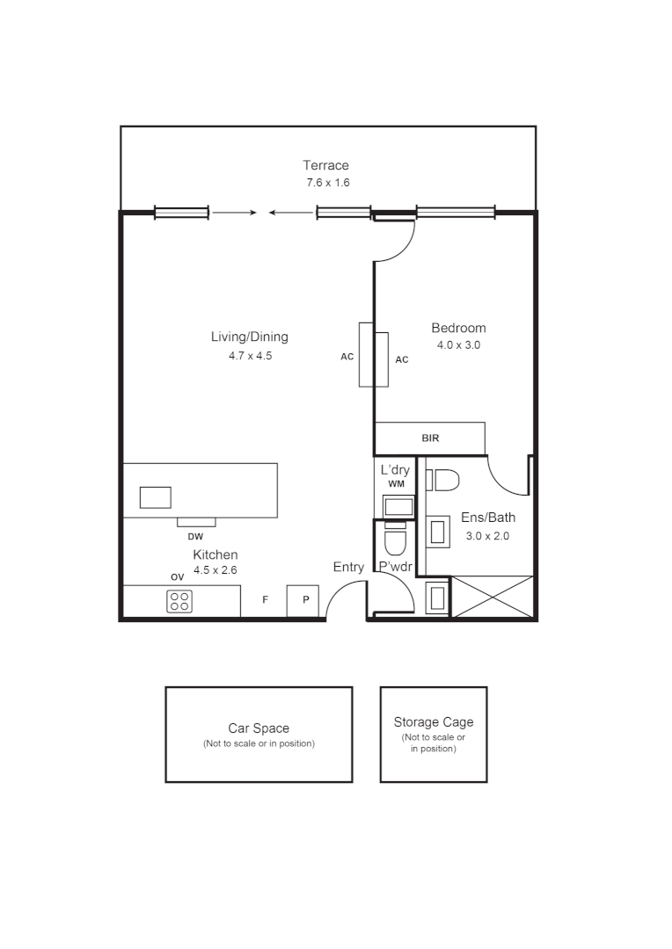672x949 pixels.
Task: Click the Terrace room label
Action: click(x=325, y=165)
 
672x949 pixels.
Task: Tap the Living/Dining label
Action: click(x=249, y=337)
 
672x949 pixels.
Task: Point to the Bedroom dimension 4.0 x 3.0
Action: click(x=458, y=345)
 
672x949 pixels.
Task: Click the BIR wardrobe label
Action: click(x=430, y=438)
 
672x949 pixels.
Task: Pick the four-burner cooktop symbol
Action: click(x=179, y=601)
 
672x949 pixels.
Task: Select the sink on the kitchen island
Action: click(x=156, y=497)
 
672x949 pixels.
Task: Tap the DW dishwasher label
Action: click(x=195, y=536)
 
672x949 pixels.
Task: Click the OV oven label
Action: click(x=177, y=577)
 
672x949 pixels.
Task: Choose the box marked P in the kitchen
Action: click(x=305, y=600)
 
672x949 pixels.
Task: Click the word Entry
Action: click(x=348, y=568)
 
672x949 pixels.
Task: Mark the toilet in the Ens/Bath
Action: click(x=443, y=480)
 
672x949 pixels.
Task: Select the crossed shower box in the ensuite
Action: click(x=492, y=597)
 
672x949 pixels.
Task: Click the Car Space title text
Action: click(x=259, y=728)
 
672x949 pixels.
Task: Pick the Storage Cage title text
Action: click(x=433, y=722)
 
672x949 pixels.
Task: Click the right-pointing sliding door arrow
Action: click(x=234, y=213)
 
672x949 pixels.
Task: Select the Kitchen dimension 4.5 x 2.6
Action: click(x=215, y=569)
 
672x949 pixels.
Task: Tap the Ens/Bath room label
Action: click(x=488, y=518)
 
